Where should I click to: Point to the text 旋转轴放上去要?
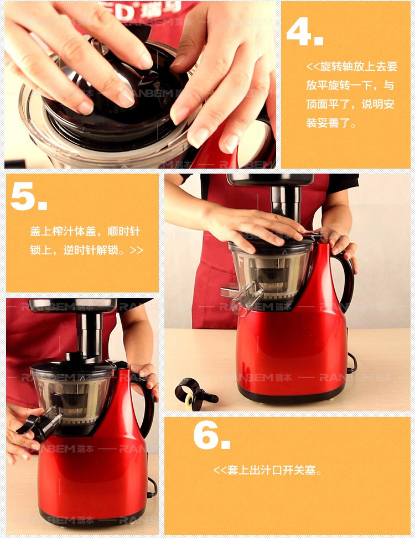pos(359,66)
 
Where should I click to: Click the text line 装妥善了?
pos(331,123)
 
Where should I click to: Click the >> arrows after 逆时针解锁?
pos(136,250)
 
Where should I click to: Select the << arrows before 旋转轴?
pos(313,66)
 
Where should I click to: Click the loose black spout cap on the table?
pos(194,394)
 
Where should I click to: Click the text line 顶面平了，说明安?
pos(350,104)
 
